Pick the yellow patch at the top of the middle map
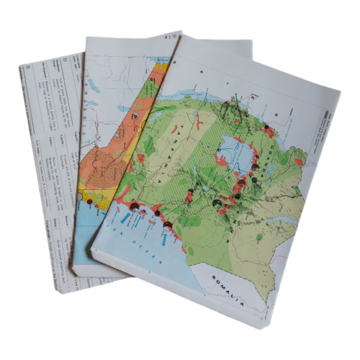[x=164, y=68]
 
